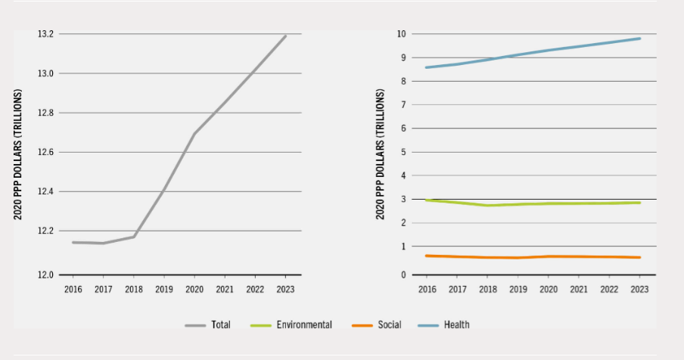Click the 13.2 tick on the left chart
pos(45,34)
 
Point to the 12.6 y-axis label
pos(45,152)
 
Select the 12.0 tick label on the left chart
pos(45,275)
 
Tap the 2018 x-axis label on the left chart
pos(134,289)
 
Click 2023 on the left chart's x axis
pos(286,289)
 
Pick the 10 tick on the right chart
pos(403,34)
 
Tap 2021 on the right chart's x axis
pos(578,289)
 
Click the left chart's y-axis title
pos(18,154)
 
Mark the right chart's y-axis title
pos(381,154)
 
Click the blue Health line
pos(533,53)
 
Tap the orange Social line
pos(533,256)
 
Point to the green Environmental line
pos(533,203)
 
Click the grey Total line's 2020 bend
pos(195,134)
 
